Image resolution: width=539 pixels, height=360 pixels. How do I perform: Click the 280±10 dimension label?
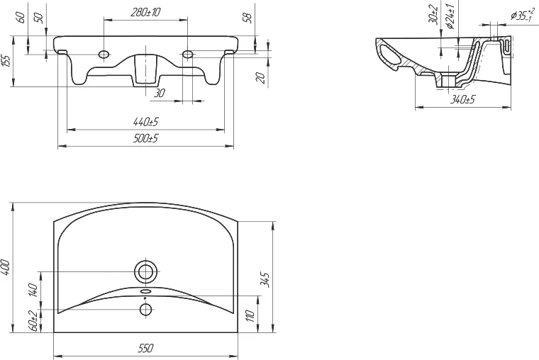(x=146, y=11)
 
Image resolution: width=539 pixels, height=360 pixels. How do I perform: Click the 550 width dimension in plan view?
(x=145, y=348)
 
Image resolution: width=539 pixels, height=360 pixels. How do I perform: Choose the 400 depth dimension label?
(x=6, y=267)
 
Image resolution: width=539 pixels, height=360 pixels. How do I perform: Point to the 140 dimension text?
(x=32, y=291)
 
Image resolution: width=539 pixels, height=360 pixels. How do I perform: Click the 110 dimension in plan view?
(x=250, y=315)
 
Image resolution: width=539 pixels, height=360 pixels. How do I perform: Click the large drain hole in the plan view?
(x=145, y=271)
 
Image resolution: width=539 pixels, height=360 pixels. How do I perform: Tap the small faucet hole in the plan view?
(x=145, y=309)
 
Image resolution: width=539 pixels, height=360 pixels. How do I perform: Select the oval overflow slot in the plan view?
(x=145, y=291)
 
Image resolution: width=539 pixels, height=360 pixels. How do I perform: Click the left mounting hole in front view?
(x=104, y=54)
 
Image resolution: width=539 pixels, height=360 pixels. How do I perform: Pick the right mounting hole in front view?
(x=188, y=54)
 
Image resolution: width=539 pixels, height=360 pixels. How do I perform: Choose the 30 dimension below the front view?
(x=159, y=94)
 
